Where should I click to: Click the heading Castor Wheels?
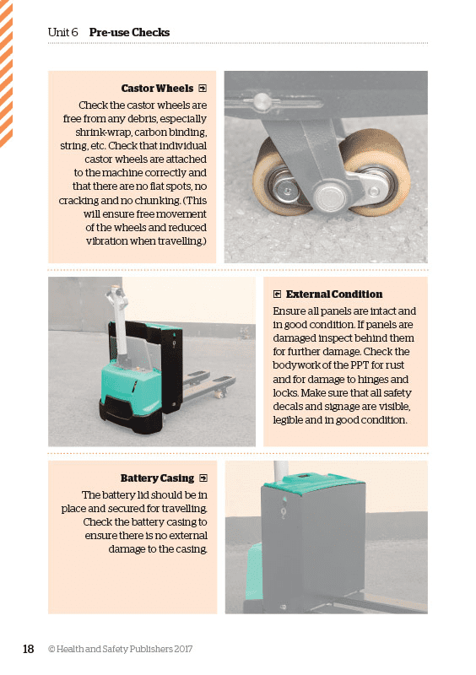(x=157, y=88)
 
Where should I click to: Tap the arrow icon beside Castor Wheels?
(x=202, y=88)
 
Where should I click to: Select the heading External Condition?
(x=334, y=294)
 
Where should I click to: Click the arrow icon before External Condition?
(x=277, y=294)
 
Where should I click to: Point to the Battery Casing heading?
(x=157, y=478)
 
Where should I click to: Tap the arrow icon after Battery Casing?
(x=202, y=478)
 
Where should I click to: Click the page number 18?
(x=28, y=649)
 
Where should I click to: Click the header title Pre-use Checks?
(x=129, y=33)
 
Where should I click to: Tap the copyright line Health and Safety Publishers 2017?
(x=124, y=650)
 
